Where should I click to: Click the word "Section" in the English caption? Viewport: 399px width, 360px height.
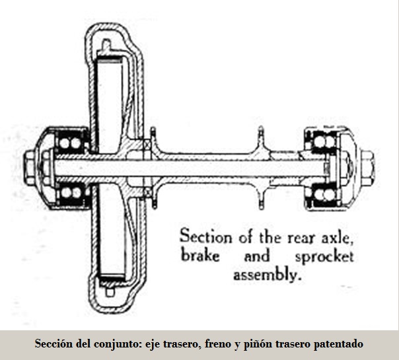206,235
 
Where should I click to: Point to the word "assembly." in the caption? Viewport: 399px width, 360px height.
266,275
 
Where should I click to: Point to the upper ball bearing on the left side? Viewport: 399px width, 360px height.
69,141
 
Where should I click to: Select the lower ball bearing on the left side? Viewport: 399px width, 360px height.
69,192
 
